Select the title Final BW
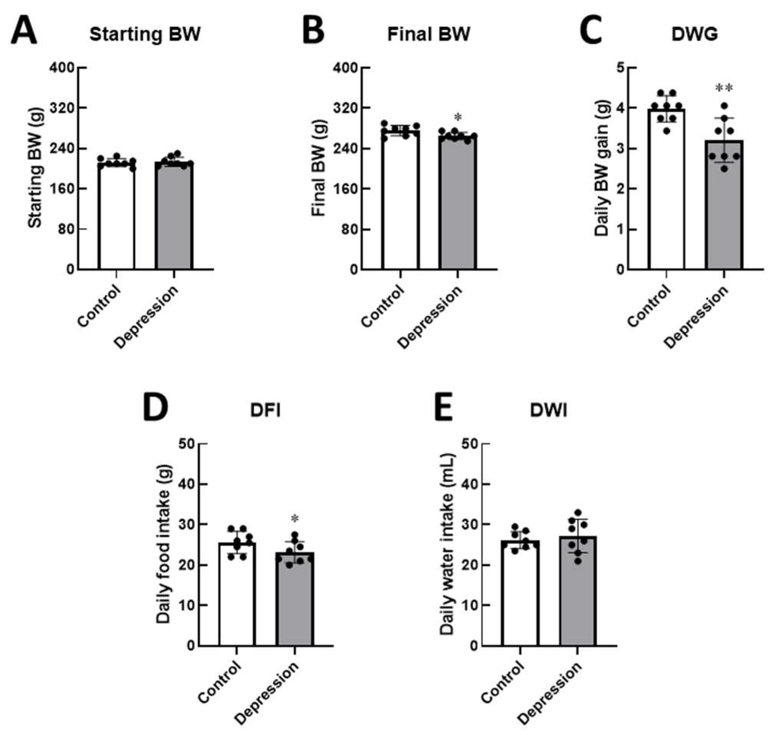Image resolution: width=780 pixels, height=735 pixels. point(429,35)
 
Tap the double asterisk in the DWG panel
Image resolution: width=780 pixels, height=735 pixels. point(724,88)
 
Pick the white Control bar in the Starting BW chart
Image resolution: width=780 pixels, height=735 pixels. point(117,220)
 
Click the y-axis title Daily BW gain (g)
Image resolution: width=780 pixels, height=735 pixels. point(601,168)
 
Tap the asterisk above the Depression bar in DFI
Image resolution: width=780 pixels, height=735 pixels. point(295,519)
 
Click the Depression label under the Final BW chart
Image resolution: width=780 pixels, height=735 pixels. point(430,317)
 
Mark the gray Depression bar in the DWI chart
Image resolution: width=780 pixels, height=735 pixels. point(578,596)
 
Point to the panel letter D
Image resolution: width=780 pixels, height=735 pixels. point(156,408)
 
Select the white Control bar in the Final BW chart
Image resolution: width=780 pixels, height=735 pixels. point(401,204)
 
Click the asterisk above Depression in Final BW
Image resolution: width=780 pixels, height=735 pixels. point(458,117)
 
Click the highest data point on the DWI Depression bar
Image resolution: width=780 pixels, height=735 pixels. point(577,512)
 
